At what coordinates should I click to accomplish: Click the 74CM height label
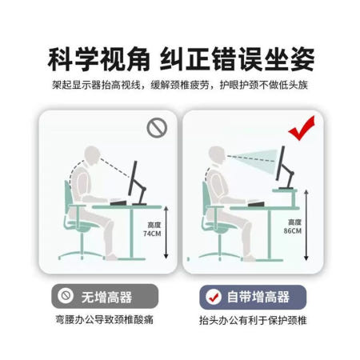[x=148, y=230]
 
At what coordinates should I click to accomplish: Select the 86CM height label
[x=294, y=226]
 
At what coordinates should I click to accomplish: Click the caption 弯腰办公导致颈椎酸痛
[x=94, y=320]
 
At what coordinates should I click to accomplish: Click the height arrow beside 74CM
[x=165, y=232]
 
